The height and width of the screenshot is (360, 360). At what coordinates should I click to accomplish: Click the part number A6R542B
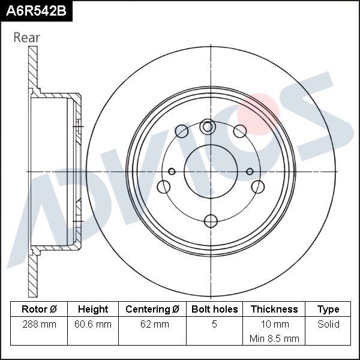[35, 11]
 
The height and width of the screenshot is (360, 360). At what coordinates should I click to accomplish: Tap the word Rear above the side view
[26, 37]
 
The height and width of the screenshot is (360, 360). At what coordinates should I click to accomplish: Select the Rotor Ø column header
[38, 310]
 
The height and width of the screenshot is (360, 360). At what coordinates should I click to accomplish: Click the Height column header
[93, 310]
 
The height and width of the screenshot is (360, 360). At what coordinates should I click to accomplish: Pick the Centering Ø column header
[152, 310]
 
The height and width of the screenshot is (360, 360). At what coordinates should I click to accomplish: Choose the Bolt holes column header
[214, 310]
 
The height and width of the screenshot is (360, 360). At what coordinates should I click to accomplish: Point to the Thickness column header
[274, 310]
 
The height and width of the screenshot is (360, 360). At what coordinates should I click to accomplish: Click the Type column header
[328, 310]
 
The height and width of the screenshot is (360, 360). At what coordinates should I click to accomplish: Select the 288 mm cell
[38, 325]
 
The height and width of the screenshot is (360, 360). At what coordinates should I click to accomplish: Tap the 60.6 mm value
[93, 325]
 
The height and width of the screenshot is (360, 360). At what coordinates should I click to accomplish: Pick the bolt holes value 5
[214, 325]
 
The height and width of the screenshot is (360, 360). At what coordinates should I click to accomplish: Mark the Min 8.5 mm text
[274, 338]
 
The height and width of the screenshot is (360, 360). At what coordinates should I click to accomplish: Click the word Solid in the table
[328, 325]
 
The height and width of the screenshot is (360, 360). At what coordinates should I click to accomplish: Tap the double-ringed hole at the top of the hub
[208, 127]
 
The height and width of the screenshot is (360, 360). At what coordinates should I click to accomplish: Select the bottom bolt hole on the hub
[210, 220]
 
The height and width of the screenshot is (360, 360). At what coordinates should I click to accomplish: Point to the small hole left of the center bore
[172, 172]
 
